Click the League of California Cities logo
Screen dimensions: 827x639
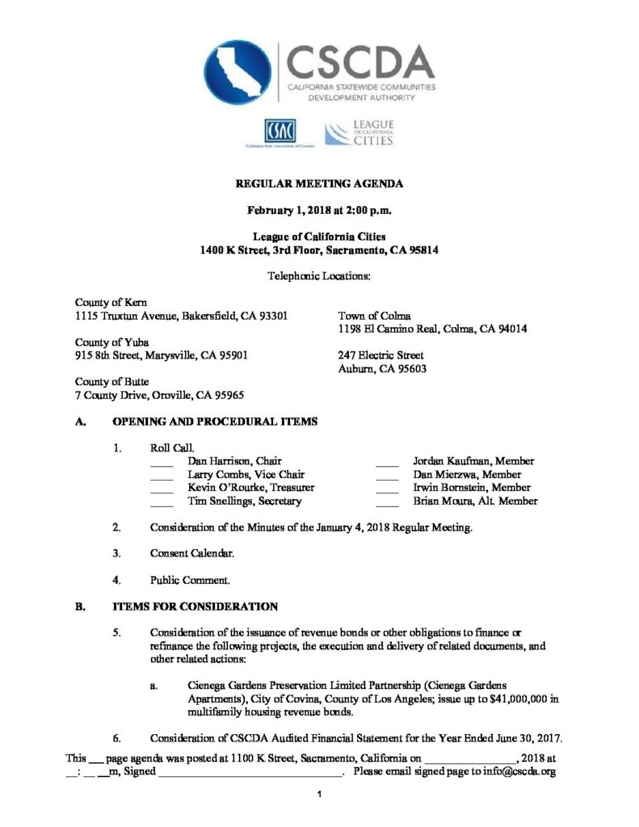[x=359, y=132]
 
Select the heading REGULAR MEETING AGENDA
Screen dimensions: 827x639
[x=319, y=184]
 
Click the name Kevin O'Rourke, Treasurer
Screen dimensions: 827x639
[x=251, y=488]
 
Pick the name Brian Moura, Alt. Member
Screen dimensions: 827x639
[x=475, y=502]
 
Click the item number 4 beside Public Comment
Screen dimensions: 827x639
[x=117, y=579]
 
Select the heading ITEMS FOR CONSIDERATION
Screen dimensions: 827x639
[x=195, y=607]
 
